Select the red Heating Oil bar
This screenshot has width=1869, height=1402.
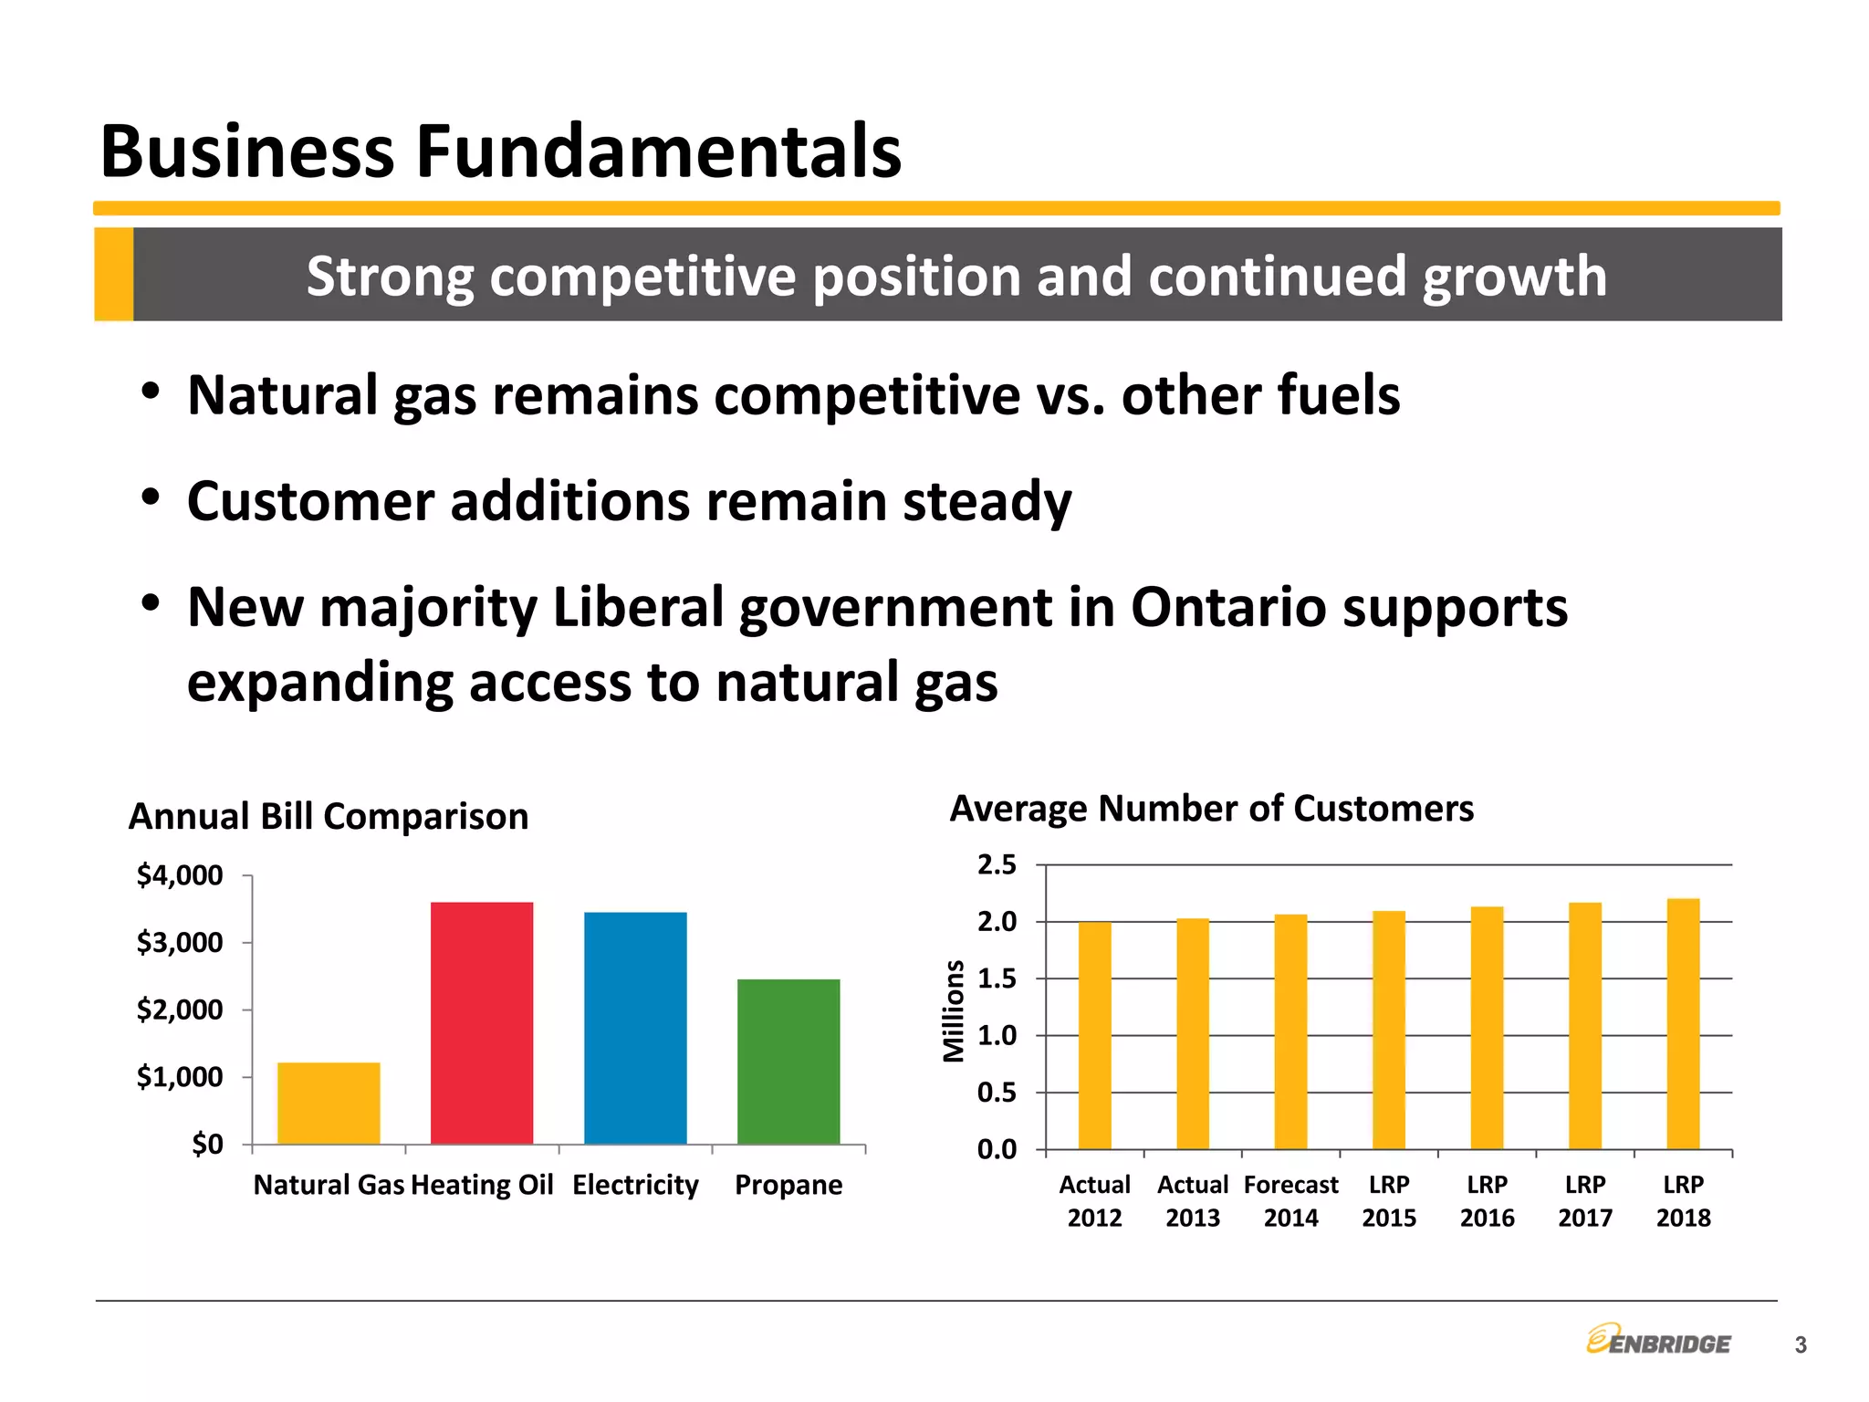coord(482,1022)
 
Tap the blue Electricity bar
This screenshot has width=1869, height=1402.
coord(635,1028)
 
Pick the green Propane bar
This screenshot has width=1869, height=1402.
coord(788,1061)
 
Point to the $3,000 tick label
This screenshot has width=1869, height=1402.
coord(180,942)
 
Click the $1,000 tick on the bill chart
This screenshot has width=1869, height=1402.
coord(180,1077)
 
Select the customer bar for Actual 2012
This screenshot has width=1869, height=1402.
coord(1094,1035)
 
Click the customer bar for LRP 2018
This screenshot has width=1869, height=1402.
coord(1683,1024)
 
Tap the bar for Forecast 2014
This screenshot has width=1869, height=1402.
coord(1290,1031)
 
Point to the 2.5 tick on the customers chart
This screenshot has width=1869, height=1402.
coord(997,865)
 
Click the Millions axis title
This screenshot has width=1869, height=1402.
coord(954,1010)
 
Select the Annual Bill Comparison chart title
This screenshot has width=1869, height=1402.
coord(329,816)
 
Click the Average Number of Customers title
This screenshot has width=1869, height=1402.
coord(1211,809)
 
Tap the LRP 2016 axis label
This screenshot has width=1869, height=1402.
coord(1487,1200)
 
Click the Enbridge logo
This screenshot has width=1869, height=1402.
coord(1658,1340)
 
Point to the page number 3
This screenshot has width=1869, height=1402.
coord(1800,1344)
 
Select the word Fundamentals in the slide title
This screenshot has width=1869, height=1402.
coord(659,152)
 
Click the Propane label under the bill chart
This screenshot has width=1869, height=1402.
coord(788,1185)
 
